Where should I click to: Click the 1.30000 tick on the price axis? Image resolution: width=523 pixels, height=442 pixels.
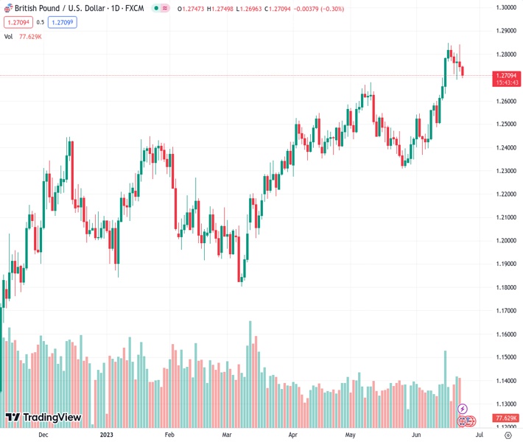tap(505, 7)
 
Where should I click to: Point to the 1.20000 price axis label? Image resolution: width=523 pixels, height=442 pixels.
tap(505, 240)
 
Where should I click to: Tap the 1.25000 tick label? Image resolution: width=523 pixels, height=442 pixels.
tap(505, 124)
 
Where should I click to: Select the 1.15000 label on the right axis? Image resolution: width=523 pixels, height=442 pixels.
tap(505, 357)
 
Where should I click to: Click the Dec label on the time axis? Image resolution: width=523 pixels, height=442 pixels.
tap(43, 435)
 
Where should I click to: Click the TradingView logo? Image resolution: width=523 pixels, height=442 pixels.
tap(43, 418)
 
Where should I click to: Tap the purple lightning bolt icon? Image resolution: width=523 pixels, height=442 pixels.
tap(463, 408)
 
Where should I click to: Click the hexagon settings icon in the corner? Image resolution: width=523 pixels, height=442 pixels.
tap(508, 435)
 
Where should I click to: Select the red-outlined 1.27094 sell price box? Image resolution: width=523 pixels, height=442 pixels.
tap(16, 22)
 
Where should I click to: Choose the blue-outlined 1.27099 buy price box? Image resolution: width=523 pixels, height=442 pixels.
tap(63, 22)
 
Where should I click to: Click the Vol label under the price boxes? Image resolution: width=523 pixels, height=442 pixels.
tap(9, 36)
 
